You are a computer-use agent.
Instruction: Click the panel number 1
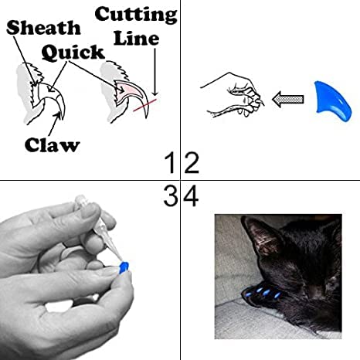171,163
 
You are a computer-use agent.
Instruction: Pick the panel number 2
190,163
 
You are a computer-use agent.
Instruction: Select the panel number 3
171,197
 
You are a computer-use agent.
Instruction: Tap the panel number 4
190,197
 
